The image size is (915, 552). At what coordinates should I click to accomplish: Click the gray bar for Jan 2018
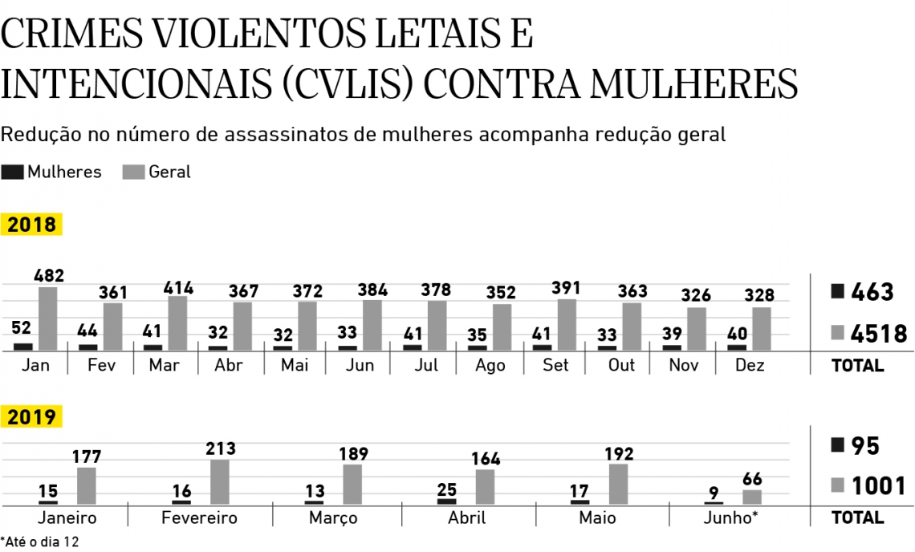tap(48, 319)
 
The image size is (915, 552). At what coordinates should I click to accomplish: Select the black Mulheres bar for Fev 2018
tap(88, 347)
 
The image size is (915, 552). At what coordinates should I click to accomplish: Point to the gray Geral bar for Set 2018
tap(567, 325)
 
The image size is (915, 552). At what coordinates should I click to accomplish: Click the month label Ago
tap(490, 365)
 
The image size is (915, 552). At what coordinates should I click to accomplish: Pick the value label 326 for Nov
tap(697, 296)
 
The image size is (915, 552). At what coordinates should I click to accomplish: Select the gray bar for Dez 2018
tap(762, 329)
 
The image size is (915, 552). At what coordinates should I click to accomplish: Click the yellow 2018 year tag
tap(32, 225)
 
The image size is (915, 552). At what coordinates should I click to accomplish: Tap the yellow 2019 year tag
tap(32, 417)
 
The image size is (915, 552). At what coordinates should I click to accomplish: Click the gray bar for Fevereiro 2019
tap(220, 481)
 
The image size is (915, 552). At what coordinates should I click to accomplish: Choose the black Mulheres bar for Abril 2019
tap(447, 501)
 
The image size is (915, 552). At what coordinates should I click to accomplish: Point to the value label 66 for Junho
tap(752, 480)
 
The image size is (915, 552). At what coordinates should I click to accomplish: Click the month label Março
tap(333, 517)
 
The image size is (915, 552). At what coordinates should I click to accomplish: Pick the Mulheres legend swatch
tap(13, 172)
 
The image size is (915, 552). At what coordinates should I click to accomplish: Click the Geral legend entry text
tap(170, 172)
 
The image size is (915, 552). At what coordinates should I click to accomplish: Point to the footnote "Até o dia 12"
tap(42, 542)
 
